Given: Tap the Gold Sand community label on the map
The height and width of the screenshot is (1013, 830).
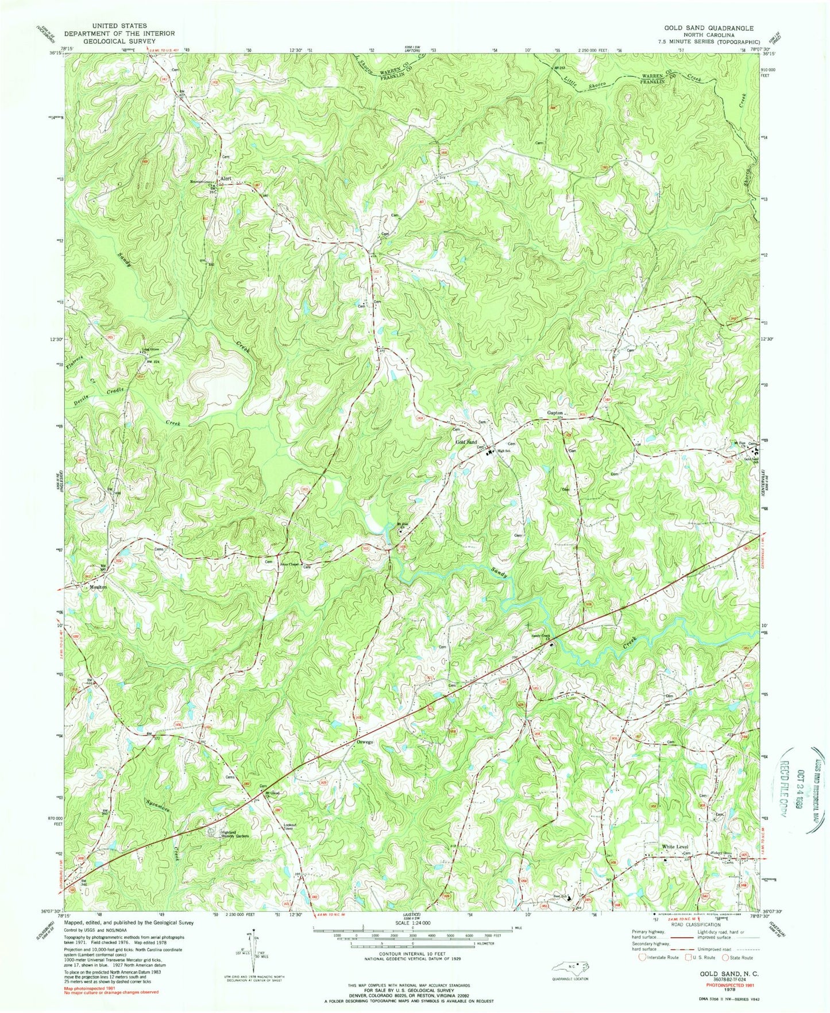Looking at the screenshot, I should click(x=466, y=442).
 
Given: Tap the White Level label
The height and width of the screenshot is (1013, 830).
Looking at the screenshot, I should click(x=674, y=847).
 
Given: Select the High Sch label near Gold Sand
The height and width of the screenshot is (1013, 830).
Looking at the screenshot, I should click(x=504, y=450).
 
